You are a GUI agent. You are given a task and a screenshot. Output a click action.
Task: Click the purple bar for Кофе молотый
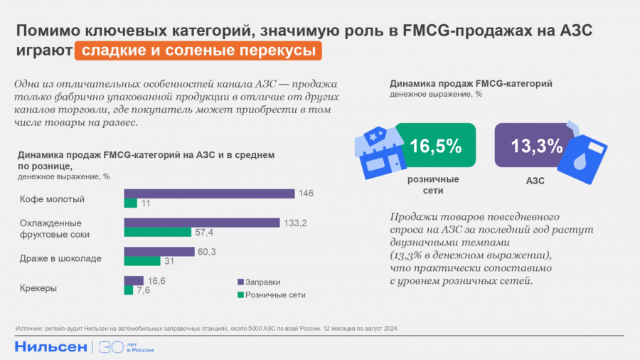coord(209,194)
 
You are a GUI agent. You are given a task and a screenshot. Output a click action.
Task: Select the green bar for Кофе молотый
coord(131,203)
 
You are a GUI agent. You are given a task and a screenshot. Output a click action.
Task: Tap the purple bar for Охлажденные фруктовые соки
coord(202,223)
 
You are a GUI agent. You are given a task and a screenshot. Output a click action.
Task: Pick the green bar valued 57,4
coord(158,232)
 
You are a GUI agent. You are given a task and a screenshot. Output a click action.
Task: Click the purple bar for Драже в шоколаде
coord(159,251)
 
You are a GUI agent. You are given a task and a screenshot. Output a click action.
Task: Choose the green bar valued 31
coord(142,261)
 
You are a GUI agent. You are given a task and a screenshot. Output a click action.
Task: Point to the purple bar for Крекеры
coord(134,280)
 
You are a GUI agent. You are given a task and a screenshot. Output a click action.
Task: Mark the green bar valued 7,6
coord(129,290)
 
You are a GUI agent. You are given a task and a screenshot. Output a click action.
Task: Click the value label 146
coord(306,194)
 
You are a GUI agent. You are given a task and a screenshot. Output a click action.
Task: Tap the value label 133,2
coord(296,223)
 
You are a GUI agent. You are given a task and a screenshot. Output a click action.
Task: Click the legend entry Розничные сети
coord(267,295)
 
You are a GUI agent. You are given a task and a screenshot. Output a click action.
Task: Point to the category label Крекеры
coord(38,288)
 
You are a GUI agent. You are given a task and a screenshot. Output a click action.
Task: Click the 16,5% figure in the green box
coord(435,147)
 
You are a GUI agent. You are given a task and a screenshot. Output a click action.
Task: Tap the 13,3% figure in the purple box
coord(537,146)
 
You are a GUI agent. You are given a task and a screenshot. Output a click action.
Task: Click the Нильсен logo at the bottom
coord(50,347)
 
